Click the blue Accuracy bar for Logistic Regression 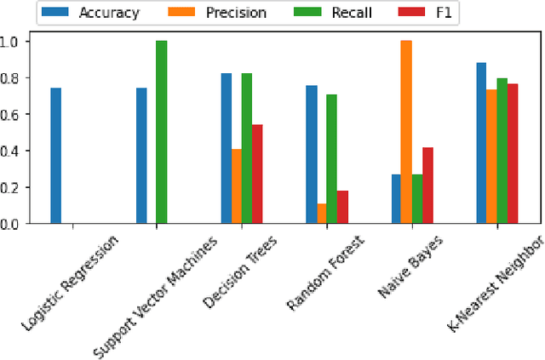coord(56,156)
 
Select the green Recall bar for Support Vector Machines coord(161,132)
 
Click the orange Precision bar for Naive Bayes coord(407,132)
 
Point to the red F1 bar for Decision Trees coord(256,174)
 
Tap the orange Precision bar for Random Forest coord(322,214)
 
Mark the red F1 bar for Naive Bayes coord(427,186)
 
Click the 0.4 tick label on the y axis coord(14,151)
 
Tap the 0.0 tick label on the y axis coord(14,224)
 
